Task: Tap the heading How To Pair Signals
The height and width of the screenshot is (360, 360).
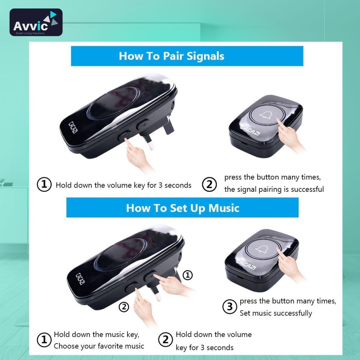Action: [x=172, y=56]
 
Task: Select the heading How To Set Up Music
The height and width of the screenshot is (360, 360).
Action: [x=182, y=208]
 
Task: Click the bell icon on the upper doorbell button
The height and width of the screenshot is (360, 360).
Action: [x=266, y=116]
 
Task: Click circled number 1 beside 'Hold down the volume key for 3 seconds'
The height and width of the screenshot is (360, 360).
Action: [x=44, y=185]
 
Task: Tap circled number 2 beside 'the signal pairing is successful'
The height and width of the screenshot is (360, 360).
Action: [x=209, y=185]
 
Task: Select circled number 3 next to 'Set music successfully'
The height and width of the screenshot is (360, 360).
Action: [x=230, y=307]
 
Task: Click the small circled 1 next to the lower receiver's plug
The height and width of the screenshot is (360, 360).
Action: [x=188, y=275]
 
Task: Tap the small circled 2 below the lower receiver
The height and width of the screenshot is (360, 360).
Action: [x=124, y=307]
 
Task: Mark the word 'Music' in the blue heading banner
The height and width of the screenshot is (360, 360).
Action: [x=224, y=208]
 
